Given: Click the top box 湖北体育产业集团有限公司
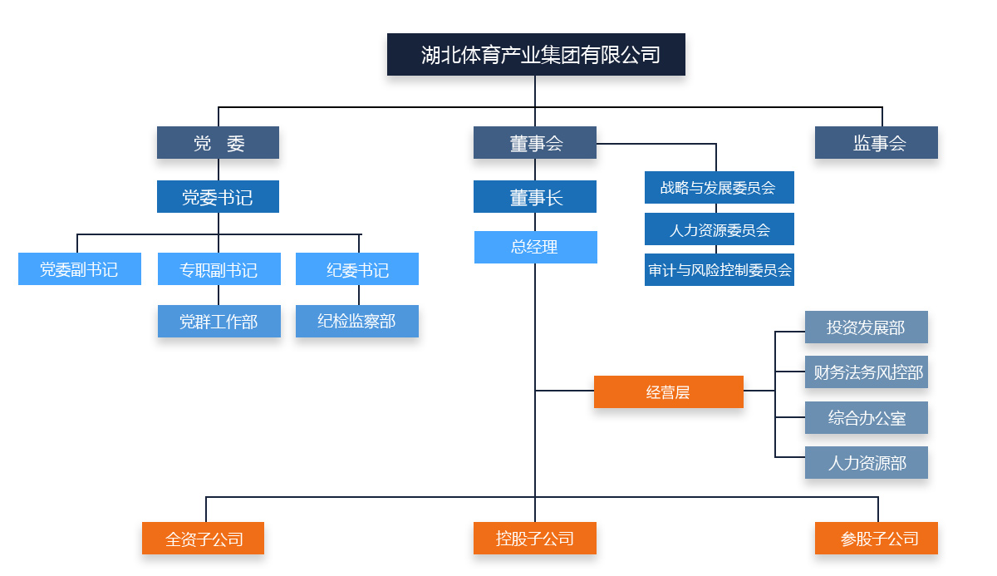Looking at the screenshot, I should (x=536, y=55).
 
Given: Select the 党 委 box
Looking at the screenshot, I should (x=218, y=143).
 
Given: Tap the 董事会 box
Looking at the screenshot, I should (x=535, y=143).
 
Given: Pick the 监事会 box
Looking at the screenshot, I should (x=877, y=143).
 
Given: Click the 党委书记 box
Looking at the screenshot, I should (x=218, y=197).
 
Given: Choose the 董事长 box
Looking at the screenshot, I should (x=535, y=197).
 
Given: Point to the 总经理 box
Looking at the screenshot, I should (x=535, y=247).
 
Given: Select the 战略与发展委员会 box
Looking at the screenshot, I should (x=719, y=188).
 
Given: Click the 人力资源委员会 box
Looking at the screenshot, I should (x=719, y=229).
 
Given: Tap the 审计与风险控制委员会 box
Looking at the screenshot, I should (x=719, y=270).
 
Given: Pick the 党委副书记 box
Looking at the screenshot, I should (x=80, y=269).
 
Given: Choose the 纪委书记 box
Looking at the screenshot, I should (x=357, y=269).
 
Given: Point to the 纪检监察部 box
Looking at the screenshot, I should (x=357, y=322).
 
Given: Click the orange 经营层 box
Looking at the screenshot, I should (x=668, y=392).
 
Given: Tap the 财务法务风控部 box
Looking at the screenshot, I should (x=866, y=372).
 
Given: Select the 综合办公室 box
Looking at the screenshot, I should (x=866, y=418).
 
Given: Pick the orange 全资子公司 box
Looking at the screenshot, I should (x=204, y=539).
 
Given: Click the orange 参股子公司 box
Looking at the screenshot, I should (x=877, y=539).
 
